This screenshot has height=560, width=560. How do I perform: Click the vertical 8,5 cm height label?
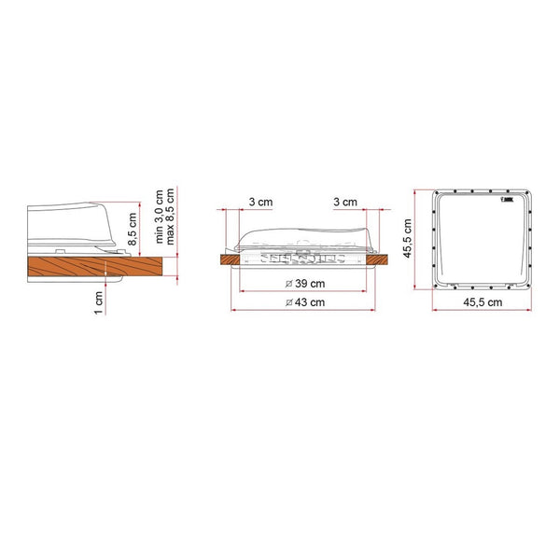[x=133, y=229]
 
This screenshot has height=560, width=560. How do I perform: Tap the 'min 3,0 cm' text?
[x=160, y=217]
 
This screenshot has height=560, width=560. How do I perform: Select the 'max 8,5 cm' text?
[x=170, y=217]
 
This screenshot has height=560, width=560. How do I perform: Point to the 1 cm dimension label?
[x=99, y=302]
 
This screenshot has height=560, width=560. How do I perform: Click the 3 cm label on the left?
[x=260, y=203]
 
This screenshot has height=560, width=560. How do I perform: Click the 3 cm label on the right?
[x=345, y=203]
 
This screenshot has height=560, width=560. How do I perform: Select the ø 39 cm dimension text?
[x=305, y=284]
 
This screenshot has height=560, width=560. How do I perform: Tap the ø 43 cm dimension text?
[x=305, y=302]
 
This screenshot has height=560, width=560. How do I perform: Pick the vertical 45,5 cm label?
[x=408, y=238]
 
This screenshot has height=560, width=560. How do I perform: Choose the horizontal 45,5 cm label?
[x=483, y=302]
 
